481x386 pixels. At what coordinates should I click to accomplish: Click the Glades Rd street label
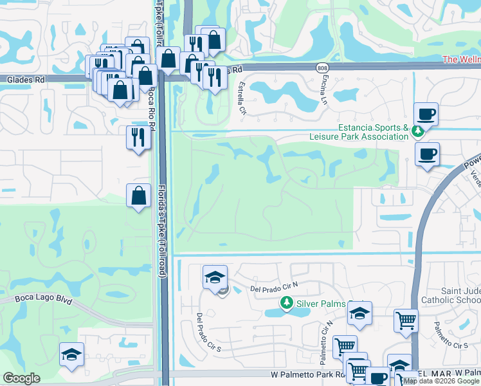[x=26, y=80]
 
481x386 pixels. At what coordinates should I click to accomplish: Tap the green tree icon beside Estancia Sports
[x=418, y=131]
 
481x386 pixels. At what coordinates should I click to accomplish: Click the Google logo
[x=21, y=378]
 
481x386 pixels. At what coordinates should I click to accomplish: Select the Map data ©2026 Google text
[x=441, y=381]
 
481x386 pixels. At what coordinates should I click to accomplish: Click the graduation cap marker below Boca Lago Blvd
[x=72, y=354]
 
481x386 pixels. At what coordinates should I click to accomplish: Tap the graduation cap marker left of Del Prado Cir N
[x=215, y=277]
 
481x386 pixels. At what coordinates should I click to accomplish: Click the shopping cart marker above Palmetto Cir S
[x=406, y=320]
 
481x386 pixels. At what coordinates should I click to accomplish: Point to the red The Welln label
[x=461, y=60]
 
